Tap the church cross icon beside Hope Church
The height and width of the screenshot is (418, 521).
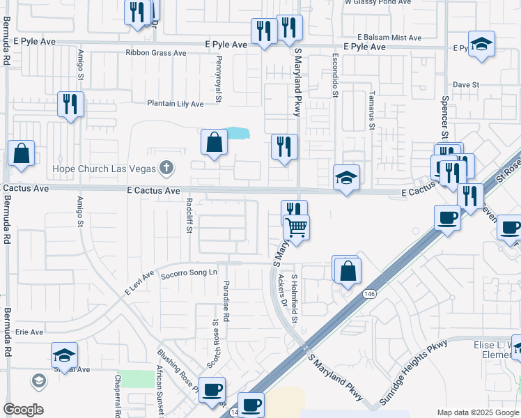pyautogui.click(x=165, y=167)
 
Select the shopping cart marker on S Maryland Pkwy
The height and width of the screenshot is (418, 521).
pyautogui.click(x=297, y=227)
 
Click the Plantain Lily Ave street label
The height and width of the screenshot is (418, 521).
pyautogui.click(x=175, y=104)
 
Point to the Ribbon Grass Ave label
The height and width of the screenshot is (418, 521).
pyautogui.click(x=156, y=53)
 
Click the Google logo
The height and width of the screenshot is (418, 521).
pyautogui.click(x=23, y=410)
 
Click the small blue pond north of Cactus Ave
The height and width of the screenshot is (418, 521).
pyautogui.click(x=238, y=132)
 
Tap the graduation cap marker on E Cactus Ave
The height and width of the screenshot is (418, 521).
pyautogui.click(x=346, y=178)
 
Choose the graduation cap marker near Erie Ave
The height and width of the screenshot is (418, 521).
pyautogui.click(x=64, y=355)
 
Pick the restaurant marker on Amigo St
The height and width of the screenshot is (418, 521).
pyautogui.click(x=70, y=104)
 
